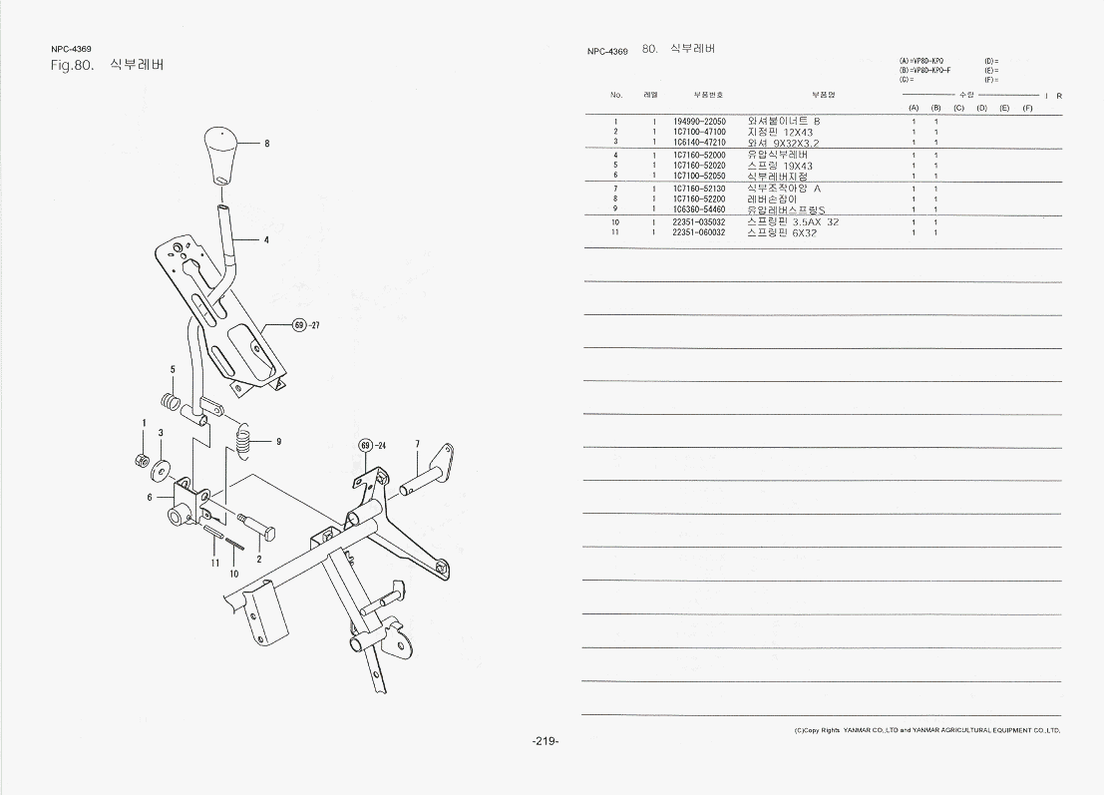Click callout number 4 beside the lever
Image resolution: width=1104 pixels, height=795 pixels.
[x=266, y=239]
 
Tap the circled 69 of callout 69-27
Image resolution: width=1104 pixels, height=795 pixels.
[x=298, y=325]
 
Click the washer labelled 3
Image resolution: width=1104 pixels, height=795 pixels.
[x=161, y=467]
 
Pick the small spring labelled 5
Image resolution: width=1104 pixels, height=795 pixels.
[x=172, y=403]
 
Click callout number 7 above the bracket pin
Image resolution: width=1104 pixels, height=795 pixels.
[x=417, y=444]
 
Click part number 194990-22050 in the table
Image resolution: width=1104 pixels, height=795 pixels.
[x=699, y=122]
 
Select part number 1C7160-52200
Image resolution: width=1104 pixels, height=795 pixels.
[x=699, y=199]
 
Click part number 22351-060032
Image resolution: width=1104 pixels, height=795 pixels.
[x=699, y=232]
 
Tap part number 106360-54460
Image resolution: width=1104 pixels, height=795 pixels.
[x=699, y=209]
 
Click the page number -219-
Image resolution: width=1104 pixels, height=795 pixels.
[x=545, y=741]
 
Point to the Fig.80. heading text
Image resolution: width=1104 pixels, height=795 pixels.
[x=72, y=66]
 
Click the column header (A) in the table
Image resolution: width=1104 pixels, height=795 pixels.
[x=914, y=108]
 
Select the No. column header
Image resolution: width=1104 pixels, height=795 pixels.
[x=616, y=95]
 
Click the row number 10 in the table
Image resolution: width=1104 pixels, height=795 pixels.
[x=616, y=221]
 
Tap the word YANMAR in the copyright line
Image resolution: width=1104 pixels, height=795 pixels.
[x=857, y=730]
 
